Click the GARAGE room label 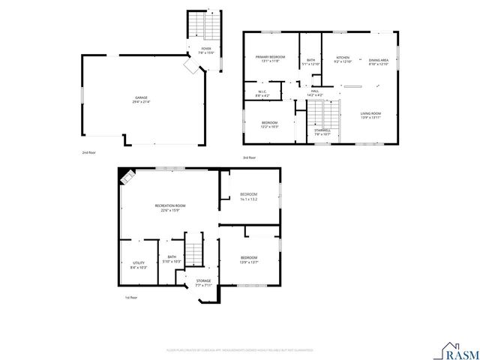tap(141, 98)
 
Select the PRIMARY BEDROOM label tap(269, 57)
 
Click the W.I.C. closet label tap(262, 93)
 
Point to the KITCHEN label tap(343, 57)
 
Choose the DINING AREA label tap(379, 60)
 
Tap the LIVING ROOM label tap(370, 113)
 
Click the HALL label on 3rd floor tap(315, 91)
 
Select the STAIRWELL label tap(322, 130)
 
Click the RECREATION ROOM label tap(170, 205)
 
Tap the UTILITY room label tap(139, 262)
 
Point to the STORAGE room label tap(203, 281)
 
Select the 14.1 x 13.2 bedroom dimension tap(248, 199)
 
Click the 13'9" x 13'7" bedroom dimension tap(248, 262)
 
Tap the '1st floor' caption tap(132, 298)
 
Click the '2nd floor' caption tap(88, 152)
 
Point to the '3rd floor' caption tap(250, 157)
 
